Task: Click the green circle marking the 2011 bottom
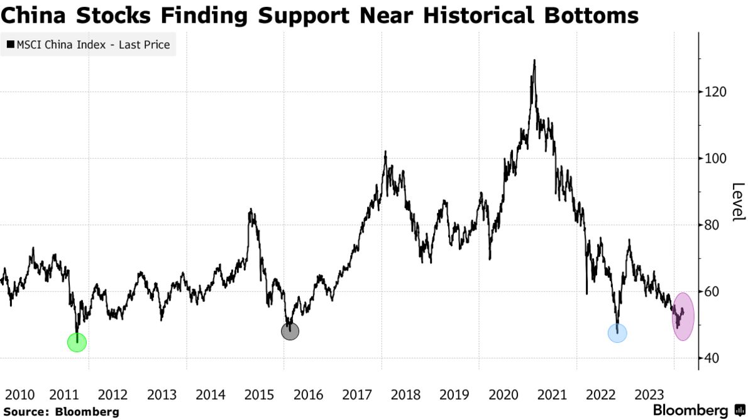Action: coord(77,342)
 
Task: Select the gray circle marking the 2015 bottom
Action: coord(290,331)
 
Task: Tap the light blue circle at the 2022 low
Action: coord(618,333)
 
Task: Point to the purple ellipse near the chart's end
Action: coord(683,316)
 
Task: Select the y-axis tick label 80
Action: coord(713,225)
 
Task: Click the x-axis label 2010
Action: coord(19,395)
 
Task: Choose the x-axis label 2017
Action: coord(358,395)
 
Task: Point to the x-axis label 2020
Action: coord(503,395)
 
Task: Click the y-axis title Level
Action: coord(738,202)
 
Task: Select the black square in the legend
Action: coord(10,45)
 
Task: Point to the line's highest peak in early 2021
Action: coord(534,60)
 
